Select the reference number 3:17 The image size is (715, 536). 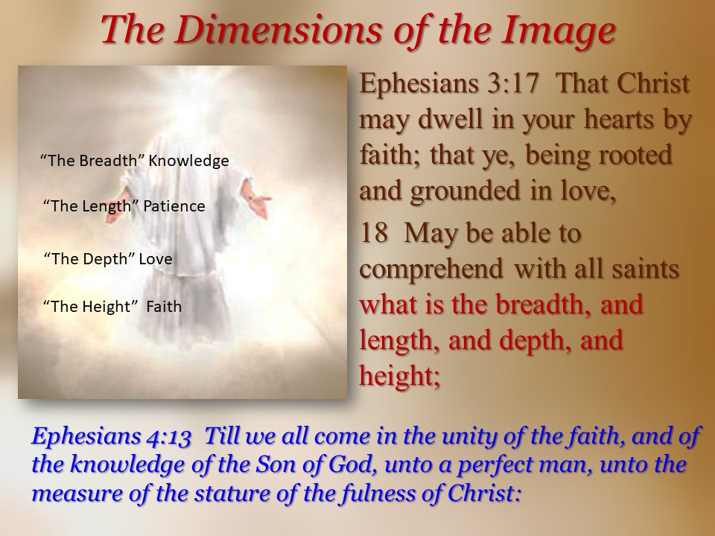click(513, 83)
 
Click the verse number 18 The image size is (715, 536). click(373, 233)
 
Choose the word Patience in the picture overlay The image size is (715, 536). click(174, 206)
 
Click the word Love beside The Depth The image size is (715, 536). click(156, 259)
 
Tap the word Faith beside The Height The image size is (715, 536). click(164, 306)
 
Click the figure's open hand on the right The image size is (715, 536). click(255, 200)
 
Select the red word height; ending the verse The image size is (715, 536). click(400, 377)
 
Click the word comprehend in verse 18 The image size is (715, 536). click(431, 269)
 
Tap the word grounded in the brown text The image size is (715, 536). click(465, 191)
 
